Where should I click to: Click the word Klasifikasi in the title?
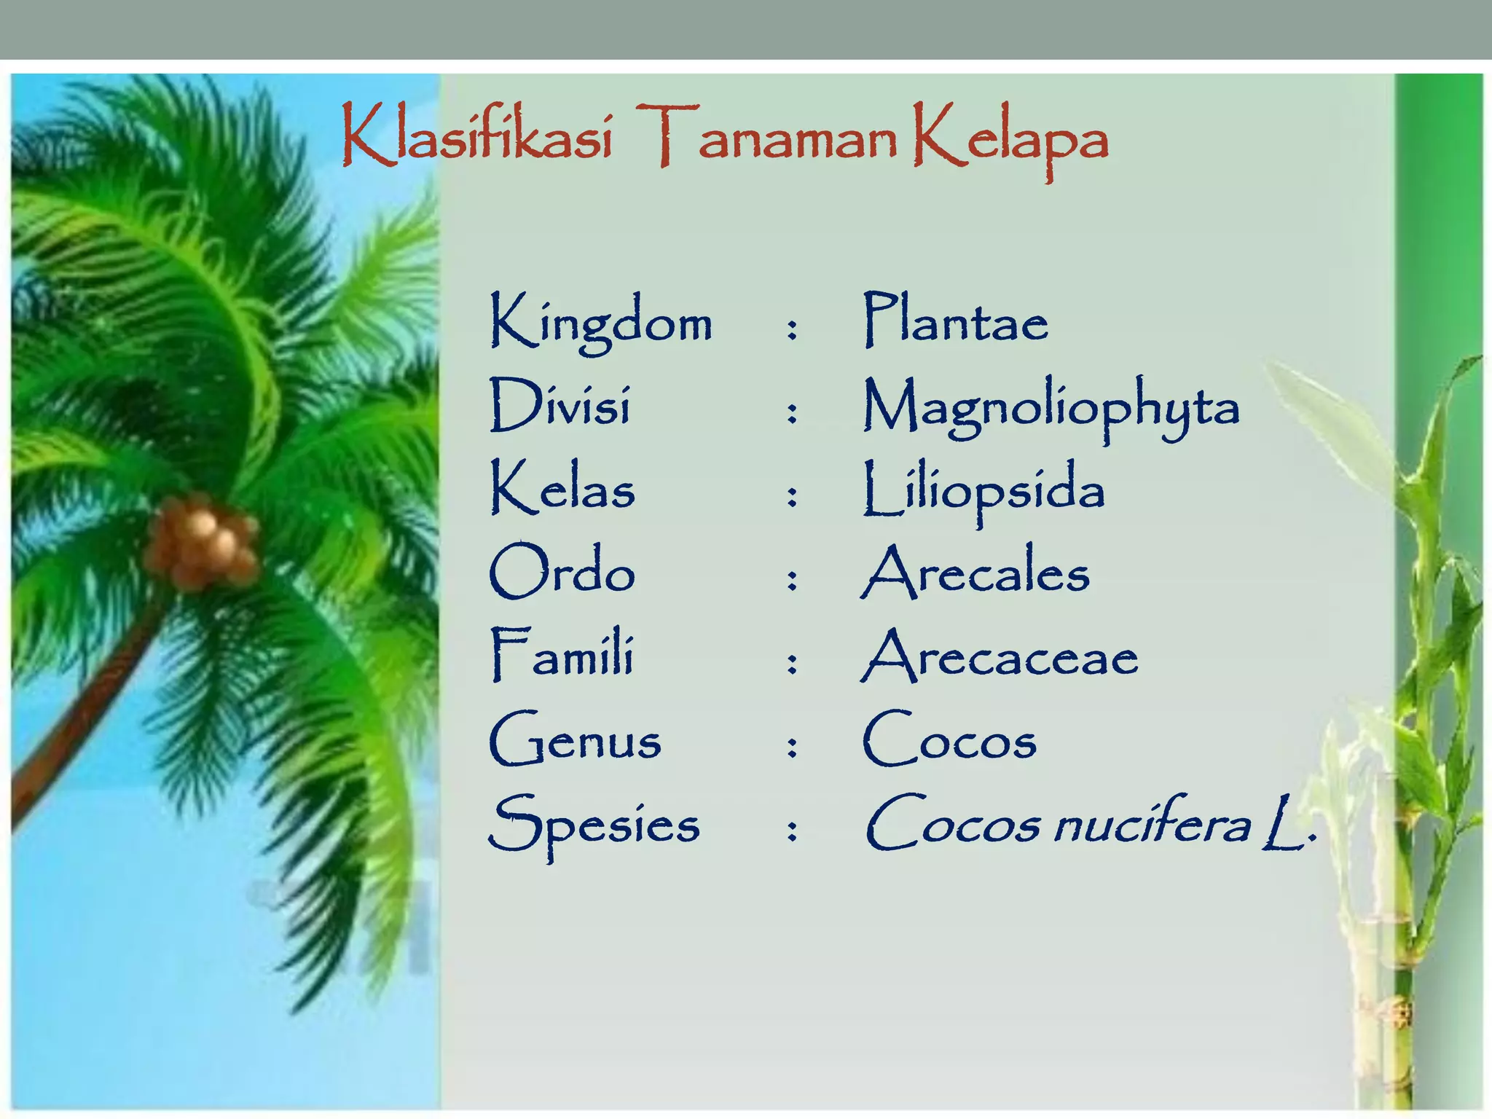[477, 137]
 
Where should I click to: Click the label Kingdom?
[601, 323]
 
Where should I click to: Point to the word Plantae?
[955, 321]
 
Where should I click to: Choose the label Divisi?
[559, 405]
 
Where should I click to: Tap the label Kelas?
[562, 489]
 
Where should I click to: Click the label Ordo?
[562, 573]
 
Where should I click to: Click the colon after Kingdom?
[792, 329]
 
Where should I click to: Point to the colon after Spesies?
[792, 831]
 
